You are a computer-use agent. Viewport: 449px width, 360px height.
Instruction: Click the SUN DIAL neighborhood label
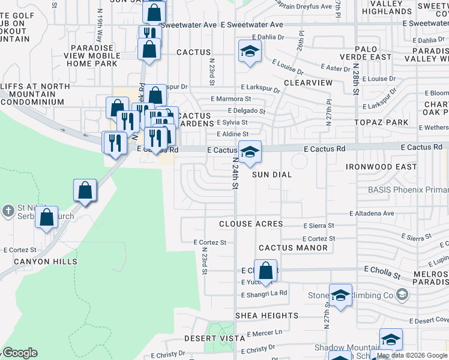click(x=271, y=175)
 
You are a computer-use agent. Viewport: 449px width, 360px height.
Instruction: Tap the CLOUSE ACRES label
click(x=250, y=224)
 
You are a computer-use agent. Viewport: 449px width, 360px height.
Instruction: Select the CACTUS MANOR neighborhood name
click(x=293, y=248)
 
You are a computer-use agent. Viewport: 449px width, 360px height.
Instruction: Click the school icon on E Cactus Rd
click(x=250, y=152)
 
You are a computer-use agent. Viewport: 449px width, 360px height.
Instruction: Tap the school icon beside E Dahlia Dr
click(x=250, y=52)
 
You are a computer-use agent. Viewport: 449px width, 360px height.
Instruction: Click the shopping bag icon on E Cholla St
click(x=265, y=271)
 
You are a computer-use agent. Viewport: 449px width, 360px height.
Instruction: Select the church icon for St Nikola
click(x=8, y=211)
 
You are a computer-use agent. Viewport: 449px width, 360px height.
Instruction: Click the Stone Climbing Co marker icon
click(x=402, y=295)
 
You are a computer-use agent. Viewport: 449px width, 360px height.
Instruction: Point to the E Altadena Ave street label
click(x=372, y=213)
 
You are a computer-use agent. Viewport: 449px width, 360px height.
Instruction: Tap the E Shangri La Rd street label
click(x=264, y=294)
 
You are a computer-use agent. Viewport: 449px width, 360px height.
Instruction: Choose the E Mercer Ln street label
click(x=261, y=332)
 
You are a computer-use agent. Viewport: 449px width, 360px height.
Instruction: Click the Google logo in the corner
click(x=20, y=353)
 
